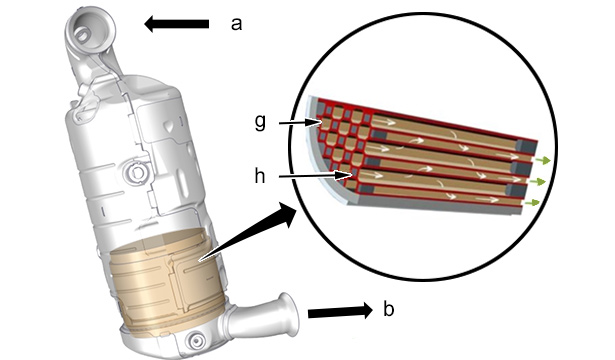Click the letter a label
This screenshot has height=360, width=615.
236,24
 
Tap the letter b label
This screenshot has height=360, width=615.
388,309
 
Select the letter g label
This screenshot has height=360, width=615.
260,123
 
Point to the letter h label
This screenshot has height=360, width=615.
260,176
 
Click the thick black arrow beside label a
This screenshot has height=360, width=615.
176,24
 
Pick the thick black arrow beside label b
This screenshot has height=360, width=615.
340,311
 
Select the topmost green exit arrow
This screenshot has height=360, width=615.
543,160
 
